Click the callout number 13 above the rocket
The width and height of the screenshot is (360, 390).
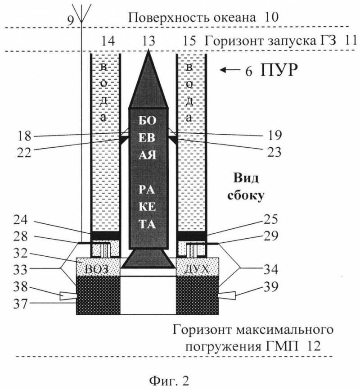[148, 42]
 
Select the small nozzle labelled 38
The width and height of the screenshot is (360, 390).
[67, 296]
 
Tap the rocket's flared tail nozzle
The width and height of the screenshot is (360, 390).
[148, 260]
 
